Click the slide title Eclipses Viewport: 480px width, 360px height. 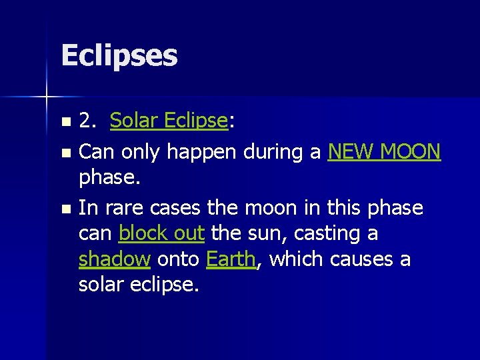tap(119, 56)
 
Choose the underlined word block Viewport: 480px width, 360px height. tap(141, 233)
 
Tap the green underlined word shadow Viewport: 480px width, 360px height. tap(115, 259)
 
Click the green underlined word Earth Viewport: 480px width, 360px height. tap(231, 259)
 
